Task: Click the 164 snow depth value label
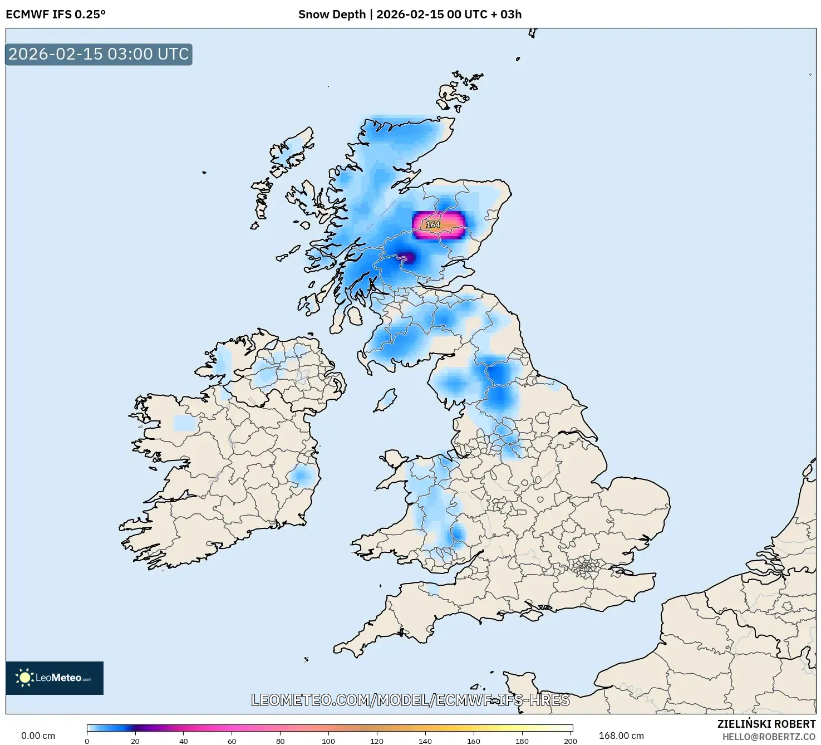[x=432, y=225]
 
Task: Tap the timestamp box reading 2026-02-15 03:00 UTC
[x=99, y=55]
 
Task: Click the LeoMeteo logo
[x=55, y=678]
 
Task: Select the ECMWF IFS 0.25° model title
[x=56, y=14]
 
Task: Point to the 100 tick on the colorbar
[x=328, y=741]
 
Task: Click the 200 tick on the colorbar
[x=570, y=741]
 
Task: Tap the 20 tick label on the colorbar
[x=135, y=741]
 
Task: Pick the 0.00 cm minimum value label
[x=38, y=736]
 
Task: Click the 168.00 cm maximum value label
[x=621, y=736]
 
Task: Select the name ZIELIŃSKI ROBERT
[x=766, y=724]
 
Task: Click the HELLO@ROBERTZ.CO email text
[x=769, y=737]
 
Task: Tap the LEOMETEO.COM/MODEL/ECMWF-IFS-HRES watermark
[x=410, y=700]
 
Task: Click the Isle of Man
[x=385, y=400]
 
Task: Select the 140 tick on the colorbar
[x=425, y=741]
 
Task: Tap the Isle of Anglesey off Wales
[x=394, y=460]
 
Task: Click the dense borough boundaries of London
[x=585, y=568]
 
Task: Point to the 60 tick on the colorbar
[x=232, y=741]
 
